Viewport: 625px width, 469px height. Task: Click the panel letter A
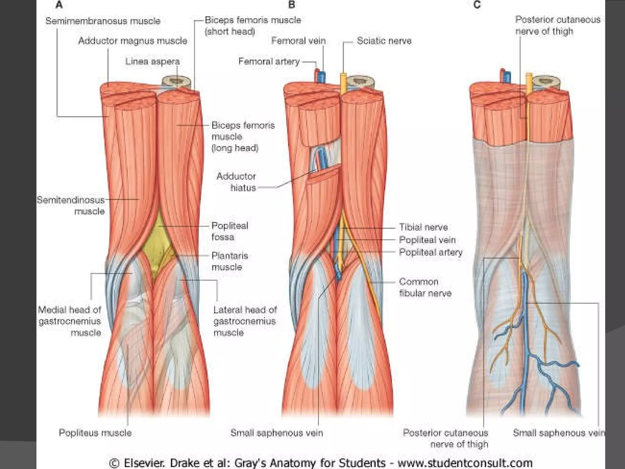(59, 5)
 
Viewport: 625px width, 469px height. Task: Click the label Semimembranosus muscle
(103, 21)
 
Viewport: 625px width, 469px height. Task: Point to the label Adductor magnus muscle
(133, 41)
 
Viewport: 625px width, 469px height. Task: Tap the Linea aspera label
(152, 61)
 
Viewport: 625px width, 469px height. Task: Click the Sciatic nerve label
(384, 41)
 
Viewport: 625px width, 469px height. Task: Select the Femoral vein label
(298, 41)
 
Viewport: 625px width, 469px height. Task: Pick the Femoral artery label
(269, 61)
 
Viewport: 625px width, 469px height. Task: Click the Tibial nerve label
(423, 227)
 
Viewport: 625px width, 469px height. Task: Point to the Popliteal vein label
(427, 240)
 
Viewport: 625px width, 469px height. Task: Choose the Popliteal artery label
(431, 253)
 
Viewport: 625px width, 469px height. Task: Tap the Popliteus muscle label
(95, 433)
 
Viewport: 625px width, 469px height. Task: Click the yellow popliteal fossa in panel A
(156, 241)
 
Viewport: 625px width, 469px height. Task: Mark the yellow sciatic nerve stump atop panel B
(343, 80)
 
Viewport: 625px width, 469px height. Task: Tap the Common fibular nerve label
(424, 287)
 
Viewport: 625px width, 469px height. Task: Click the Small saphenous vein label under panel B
(276, 433)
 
